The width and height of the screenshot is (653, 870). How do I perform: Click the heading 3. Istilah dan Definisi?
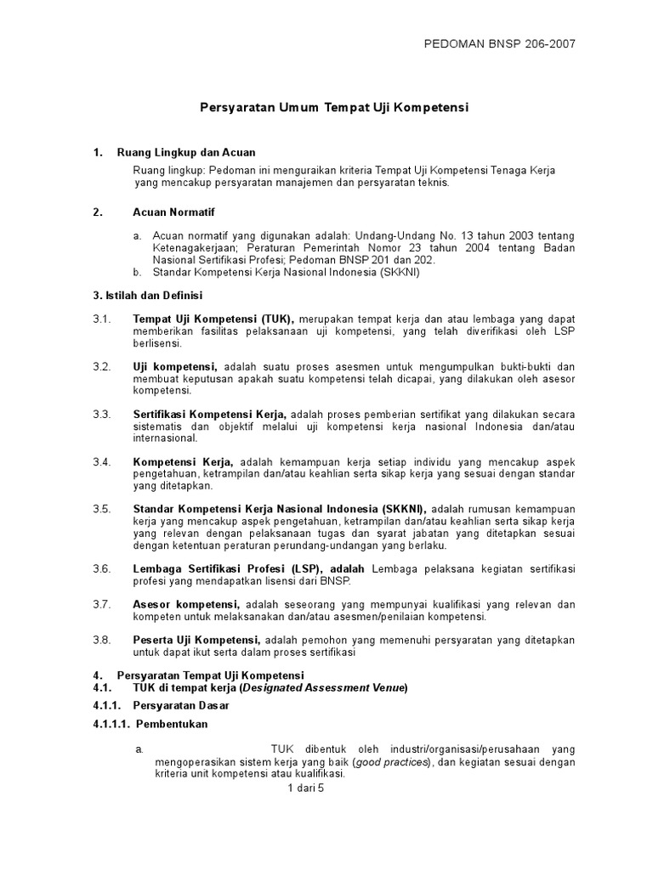click(x=147, y=295)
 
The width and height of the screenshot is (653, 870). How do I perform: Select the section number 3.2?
click(x=102, y=366)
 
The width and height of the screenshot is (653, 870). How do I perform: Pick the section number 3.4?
click(x=102, y=461)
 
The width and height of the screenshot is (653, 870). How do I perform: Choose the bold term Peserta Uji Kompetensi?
click(x=196, y=640)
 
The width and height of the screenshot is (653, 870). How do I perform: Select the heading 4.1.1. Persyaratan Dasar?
click(x=161, y=706)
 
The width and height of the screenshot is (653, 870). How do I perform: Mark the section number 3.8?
click(x=102, y=640)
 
